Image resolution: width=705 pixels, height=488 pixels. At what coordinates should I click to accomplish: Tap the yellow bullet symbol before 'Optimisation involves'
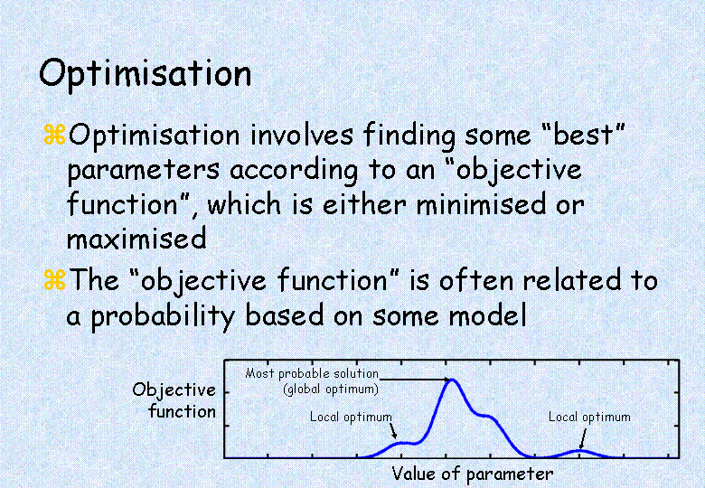[x=55, y=135]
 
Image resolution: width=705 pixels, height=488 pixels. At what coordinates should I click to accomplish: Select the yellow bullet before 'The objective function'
[x=55, y=279]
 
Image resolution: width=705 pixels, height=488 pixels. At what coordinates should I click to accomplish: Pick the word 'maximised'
[x=136, y=239]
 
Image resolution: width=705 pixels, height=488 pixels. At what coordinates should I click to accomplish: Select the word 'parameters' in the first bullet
[x=144, y=171]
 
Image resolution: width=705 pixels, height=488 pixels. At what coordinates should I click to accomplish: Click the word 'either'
[x=364, y=203]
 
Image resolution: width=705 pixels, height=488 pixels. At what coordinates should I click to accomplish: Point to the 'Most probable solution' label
[x=312, y=373]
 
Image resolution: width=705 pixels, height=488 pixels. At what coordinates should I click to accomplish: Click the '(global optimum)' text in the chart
[x=331, y=389]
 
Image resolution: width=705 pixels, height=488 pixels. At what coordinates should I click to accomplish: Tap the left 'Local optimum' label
[x=352, y=417]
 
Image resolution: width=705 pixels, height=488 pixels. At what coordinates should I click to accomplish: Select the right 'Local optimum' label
[x=589, y=417]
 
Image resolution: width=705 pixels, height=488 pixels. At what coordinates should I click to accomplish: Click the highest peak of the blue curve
[x=453, y=380]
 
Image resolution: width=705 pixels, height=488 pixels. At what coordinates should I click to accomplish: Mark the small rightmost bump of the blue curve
[x=580, y=450]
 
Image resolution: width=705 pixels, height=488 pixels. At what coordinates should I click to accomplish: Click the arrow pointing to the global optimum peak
[x=415, y=380]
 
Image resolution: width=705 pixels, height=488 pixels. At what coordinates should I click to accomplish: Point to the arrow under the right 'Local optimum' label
[x=583, y=438]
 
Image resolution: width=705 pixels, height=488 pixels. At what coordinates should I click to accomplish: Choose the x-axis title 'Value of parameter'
[x=472, y=474]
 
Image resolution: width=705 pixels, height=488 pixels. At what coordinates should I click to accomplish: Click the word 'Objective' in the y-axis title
[x=174, y=390]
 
